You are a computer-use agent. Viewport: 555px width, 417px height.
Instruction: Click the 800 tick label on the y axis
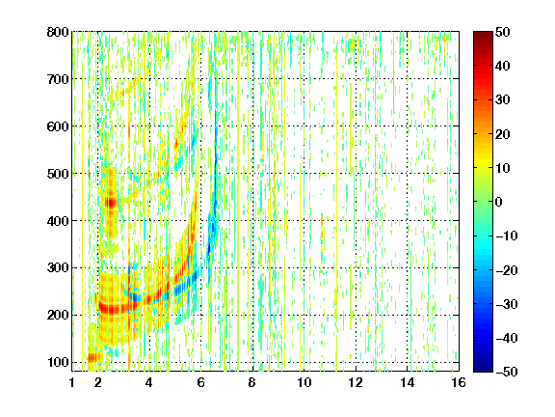(x=58, y=32)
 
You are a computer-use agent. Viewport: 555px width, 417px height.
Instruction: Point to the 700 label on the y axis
(x=58, y=79)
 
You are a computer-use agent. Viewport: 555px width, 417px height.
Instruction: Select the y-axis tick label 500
(x=58, y=174)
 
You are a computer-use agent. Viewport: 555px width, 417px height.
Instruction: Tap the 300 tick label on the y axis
(x=58, y=268)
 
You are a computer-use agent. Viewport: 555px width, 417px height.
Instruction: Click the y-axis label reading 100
(x=58, y=362)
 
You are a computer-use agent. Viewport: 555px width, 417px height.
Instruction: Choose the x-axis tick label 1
(x=72, y=382)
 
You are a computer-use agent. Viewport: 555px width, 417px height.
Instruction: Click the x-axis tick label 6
(x=201, y=382)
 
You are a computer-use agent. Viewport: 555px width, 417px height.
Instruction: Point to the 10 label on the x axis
(x=304, y=382)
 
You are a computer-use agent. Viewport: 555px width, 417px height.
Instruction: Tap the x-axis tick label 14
(x=408, y=382)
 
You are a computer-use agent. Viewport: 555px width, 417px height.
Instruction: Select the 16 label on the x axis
(x=459, y=382)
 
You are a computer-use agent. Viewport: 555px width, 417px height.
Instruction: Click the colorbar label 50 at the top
(x=502, y=32)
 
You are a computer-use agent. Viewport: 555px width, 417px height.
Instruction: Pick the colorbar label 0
(x=499, y=202)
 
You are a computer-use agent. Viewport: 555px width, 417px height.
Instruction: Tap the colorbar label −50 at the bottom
(x=507, y=372)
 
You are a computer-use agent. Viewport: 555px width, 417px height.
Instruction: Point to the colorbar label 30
(x=502, y=100)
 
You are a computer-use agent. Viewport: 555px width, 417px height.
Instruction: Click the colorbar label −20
(x=507, y=270)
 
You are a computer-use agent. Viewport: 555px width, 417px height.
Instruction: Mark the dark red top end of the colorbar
(x=483, y=35)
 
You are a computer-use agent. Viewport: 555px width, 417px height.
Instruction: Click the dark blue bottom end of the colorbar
(x=483, y=369)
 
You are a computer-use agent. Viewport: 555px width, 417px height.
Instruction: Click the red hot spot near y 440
(x=111, y=203)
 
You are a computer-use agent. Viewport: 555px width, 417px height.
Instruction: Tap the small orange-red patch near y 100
(x=94, y=357)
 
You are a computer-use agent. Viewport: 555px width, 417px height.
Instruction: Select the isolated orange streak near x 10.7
(x=322, y=227)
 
